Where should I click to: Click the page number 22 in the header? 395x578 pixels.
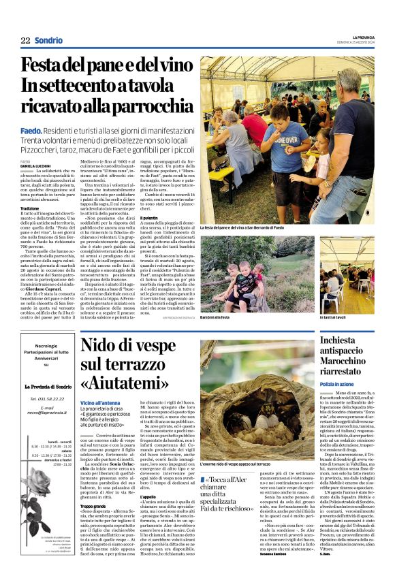coord(25,41)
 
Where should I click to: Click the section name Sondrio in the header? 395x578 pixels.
coord(49,41)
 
